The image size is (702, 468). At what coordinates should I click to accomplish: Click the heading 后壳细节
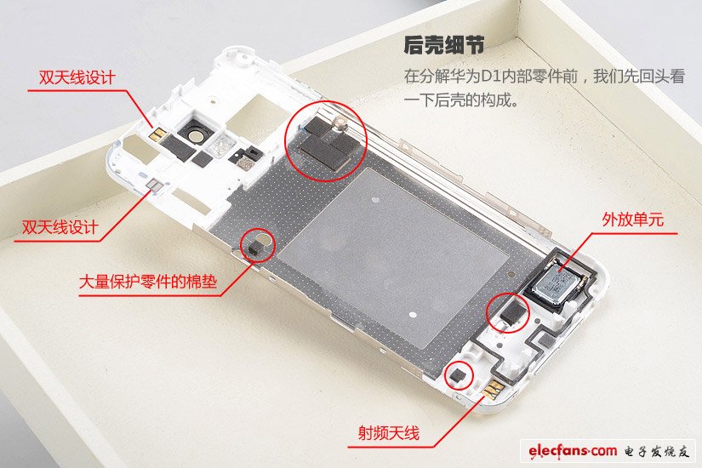pos(443,45)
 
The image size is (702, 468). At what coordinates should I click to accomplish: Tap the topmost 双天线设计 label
pos(77,77)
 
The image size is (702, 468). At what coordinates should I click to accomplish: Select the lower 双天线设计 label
pos(60,227)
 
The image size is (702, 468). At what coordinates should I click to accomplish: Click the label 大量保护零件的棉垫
pos(148,282)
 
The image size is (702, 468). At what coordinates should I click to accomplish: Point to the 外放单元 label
pos(632,220)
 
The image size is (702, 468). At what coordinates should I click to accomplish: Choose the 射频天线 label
pos(389,432)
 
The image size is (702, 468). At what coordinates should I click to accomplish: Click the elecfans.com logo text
pos(572,450)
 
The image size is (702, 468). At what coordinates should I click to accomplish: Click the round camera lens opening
pos(195,135)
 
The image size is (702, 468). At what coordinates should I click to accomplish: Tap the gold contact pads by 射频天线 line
pos(494,390)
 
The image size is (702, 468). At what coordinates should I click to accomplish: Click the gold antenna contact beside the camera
pos(157,134)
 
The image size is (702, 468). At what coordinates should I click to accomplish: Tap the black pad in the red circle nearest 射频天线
pos(459,374)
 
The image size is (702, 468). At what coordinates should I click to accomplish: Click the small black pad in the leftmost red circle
pos(256,247)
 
